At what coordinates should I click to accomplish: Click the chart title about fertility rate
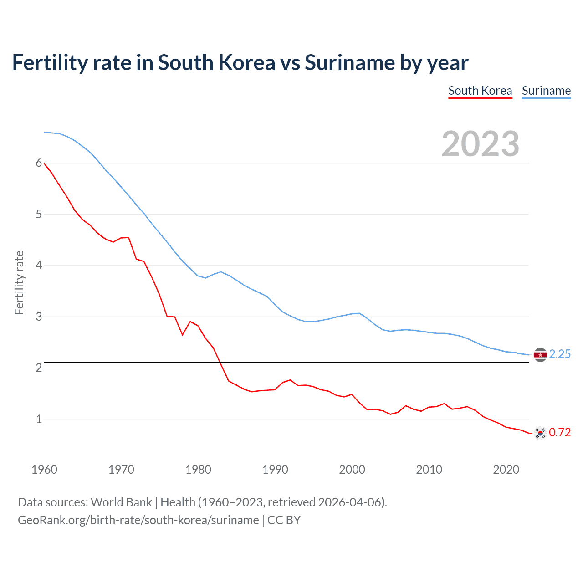240,63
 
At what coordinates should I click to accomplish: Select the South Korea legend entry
480,91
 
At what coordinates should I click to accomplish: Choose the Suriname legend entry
546,91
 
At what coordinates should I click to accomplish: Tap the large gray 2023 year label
481,144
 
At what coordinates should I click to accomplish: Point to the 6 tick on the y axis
39,163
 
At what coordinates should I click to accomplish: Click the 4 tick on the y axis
39,265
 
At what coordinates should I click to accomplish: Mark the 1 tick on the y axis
39,419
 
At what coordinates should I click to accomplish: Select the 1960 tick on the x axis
44,470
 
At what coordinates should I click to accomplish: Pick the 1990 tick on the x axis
275,470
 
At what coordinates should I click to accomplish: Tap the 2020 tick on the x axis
506,470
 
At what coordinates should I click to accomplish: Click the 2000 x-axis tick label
352,470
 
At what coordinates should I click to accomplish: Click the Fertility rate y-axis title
19,282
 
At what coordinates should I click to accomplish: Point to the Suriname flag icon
540,354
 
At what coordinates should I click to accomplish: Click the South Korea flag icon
540,433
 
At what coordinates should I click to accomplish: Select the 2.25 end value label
560,354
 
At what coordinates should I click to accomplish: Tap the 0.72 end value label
560,433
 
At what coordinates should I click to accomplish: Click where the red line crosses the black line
221,363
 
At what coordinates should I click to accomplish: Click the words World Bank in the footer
121,502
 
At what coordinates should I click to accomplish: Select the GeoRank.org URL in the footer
138,520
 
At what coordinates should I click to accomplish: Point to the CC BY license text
284,520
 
